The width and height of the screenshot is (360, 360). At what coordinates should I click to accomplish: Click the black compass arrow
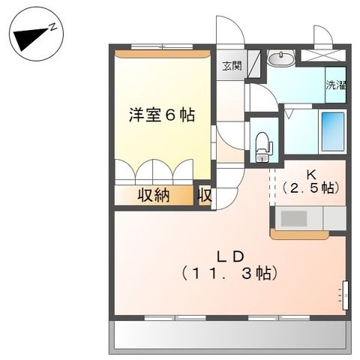[30, 36]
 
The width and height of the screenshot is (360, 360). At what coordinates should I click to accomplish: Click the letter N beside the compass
[55, 25]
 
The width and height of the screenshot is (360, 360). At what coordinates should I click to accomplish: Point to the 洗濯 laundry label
[336, 85]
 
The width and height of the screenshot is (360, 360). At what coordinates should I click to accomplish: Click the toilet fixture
[262, 144]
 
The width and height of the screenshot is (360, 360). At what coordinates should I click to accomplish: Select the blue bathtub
[332, 132]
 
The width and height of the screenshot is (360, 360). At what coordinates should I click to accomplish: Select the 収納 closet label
[153, 195]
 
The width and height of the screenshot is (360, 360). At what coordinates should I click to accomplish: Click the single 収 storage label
[205, 195]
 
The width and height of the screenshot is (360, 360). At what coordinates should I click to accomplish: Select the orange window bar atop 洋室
[161, 53]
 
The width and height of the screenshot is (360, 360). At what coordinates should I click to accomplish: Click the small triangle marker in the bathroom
[288, 115]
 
